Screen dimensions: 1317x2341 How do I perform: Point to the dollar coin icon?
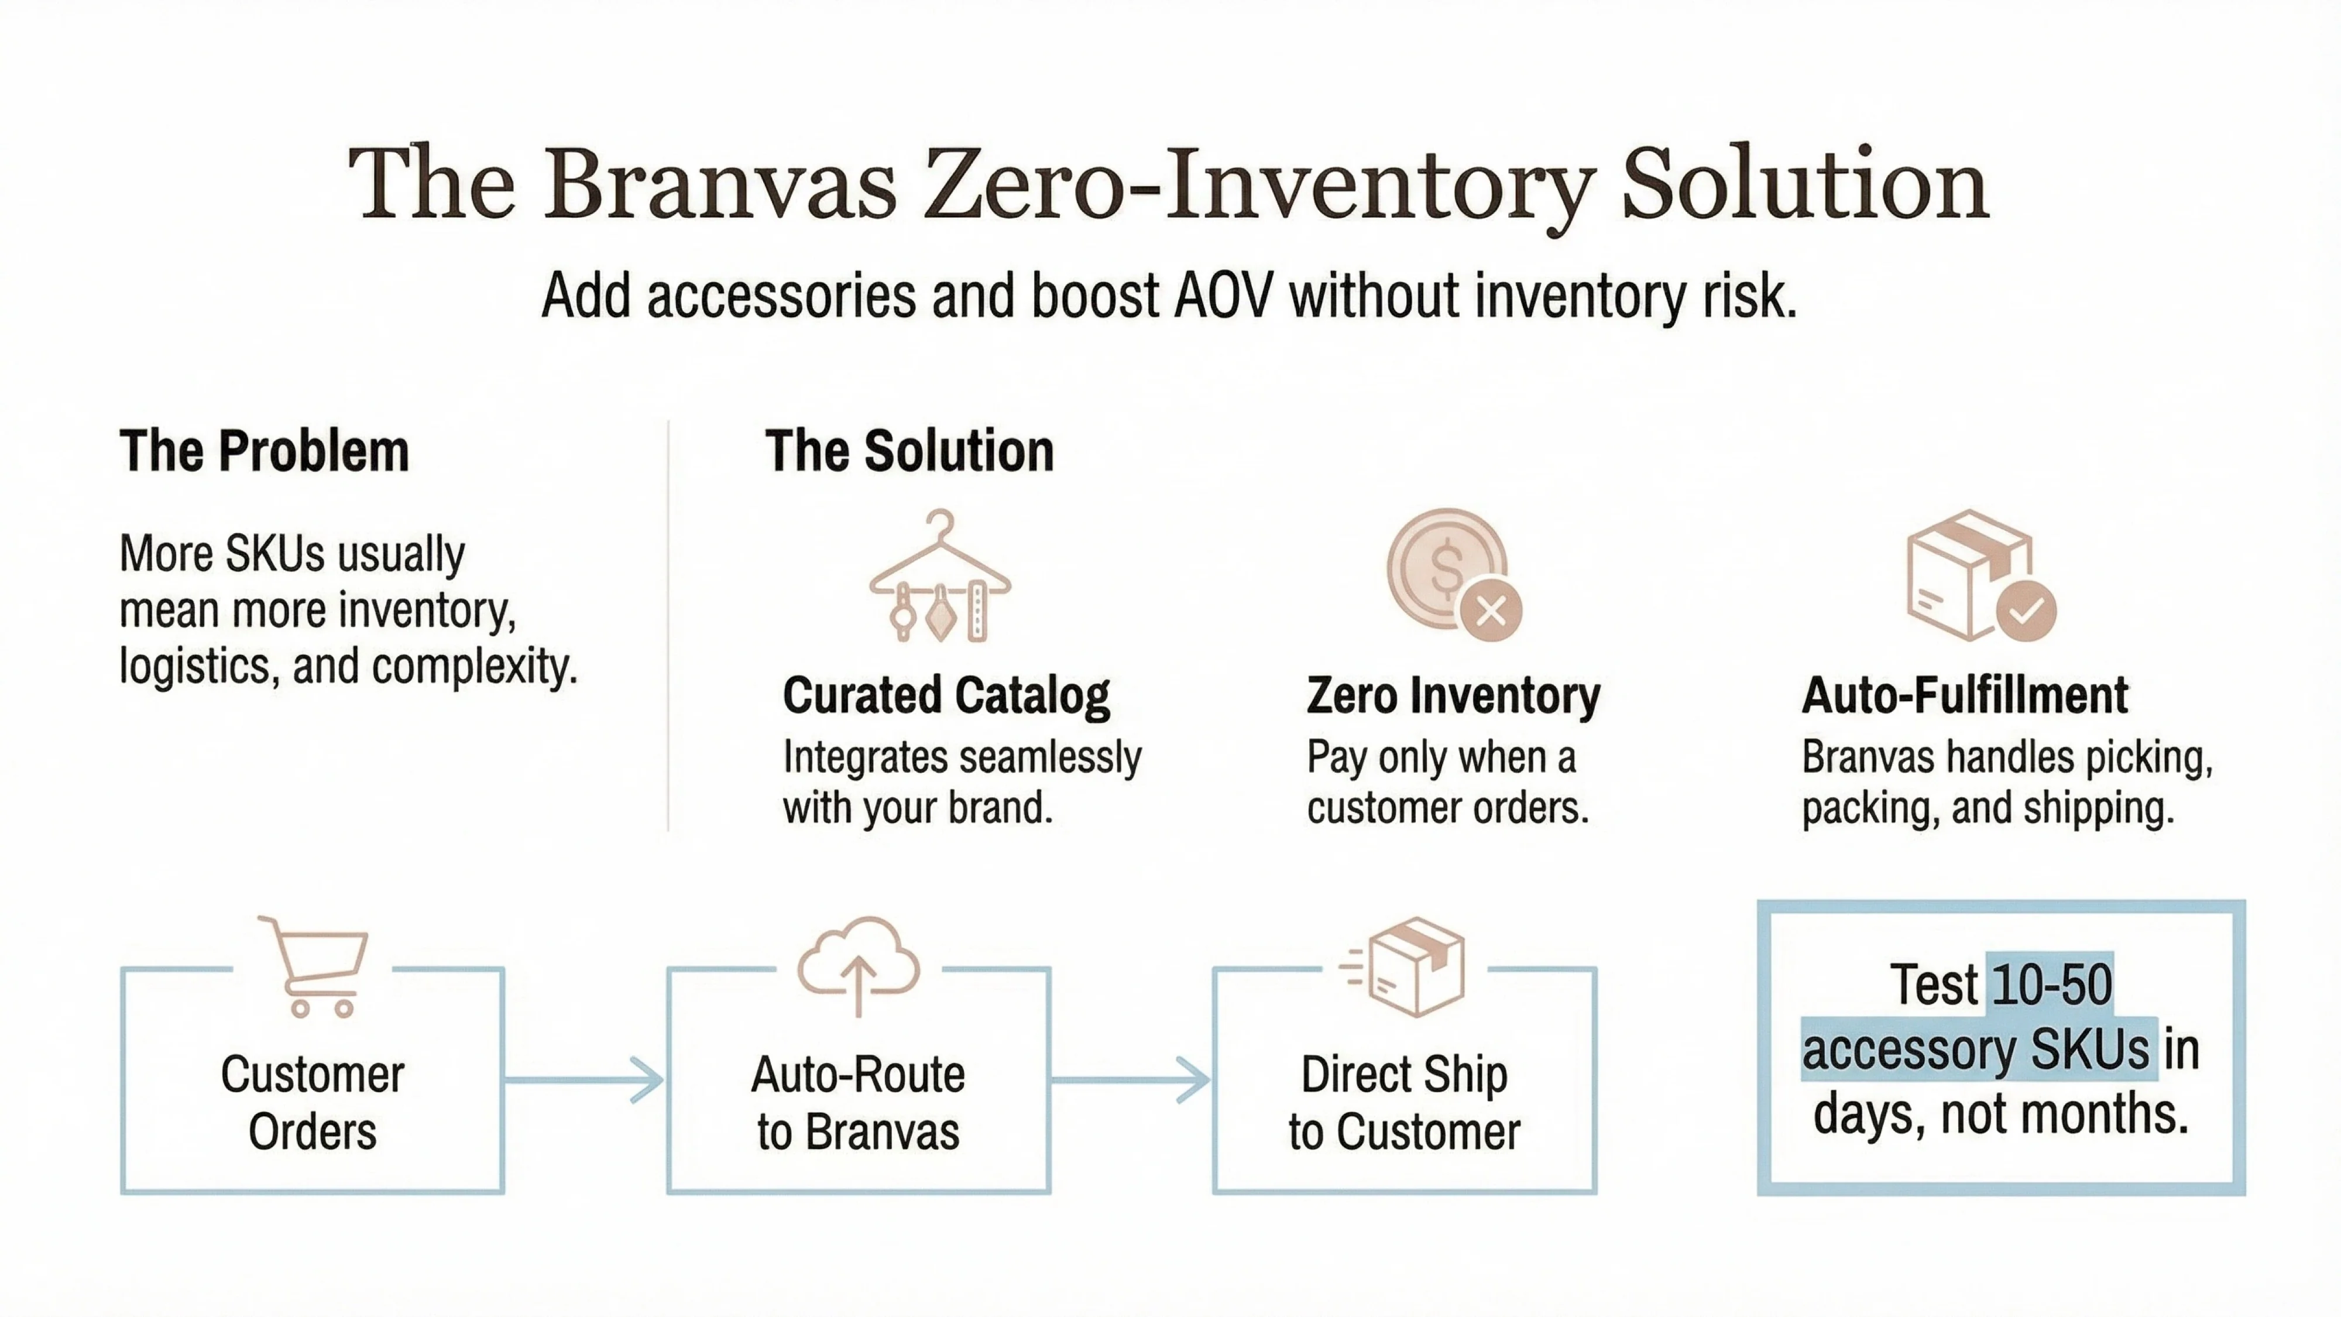point(1445,567)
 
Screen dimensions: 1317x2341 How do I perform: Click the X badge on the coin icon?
point(1491,611)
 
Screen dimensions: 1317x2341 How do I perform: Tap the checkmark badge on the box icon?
point(2026,612)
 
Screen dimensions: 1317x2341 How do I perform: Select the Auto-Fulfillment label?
point(1964,696)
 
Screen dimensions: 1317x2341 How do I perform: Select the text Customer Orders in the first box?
point(312,1103)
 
